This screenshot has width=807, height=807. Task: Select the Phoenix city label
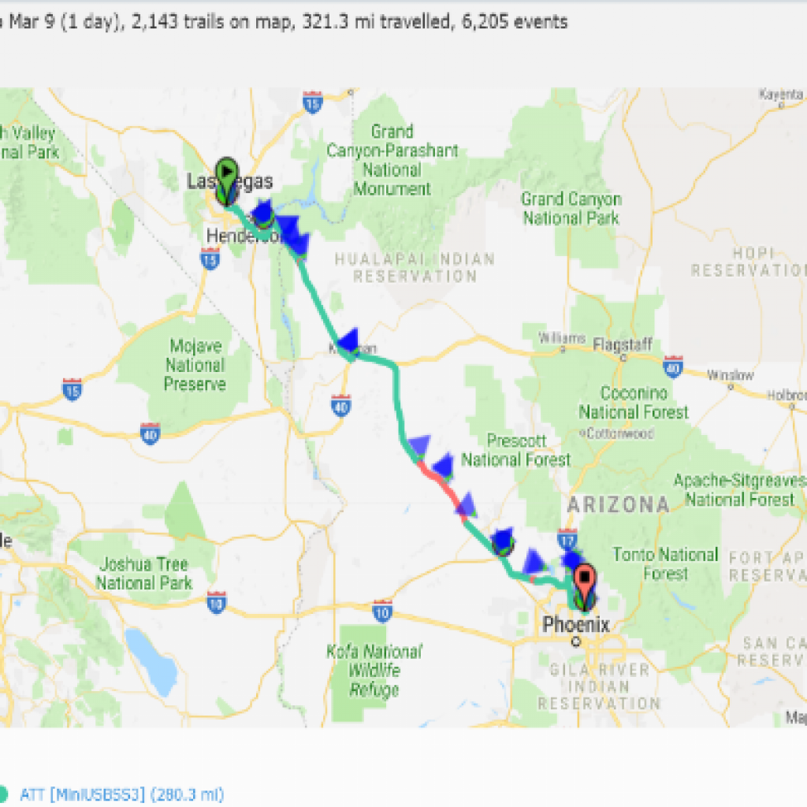(575, 625)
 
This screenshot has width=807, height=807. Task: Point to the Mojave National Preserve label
(195, 365)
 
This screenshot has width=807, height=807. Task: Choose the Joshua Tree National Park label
(144, 574)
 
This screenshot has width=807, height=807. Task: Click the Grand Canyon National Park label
(571, 208)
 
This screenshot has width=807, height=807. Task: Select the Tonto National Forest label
(665, 563)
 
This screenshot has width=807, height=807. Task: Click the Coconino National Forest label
(634, 402)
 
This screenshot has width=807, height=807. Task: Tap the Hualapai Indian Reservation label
(415, 268)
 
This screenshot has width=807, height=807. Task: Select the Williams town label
(561, 338)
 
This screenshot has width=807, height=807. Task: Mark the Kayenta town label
(780, 94)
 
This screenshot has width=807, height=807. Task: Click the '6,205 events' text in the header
(520, 22)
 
